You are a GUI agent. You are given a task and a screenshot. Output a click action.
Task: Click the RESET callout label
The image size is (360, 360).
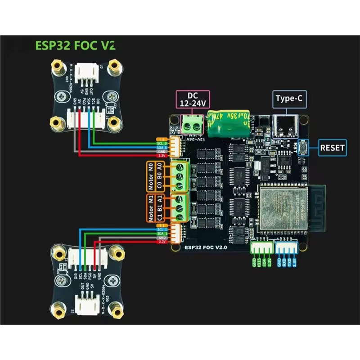333,147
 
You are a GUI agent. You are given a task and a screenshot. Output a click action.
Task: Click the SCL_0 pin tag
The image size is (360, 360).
162,143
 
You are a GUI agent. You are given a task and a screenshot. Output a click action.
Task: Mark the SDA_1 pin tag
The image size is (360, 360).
162,234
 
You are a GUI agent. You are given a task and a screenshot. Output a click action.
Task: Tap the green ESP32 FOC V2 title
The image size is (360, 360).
75,45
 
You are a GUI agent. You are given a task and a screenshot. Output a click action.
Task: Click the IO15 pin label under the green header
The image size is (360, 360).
259,262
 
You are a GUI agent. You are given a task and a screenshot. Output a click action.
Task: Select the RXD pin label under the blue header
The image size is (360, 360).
284,262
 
